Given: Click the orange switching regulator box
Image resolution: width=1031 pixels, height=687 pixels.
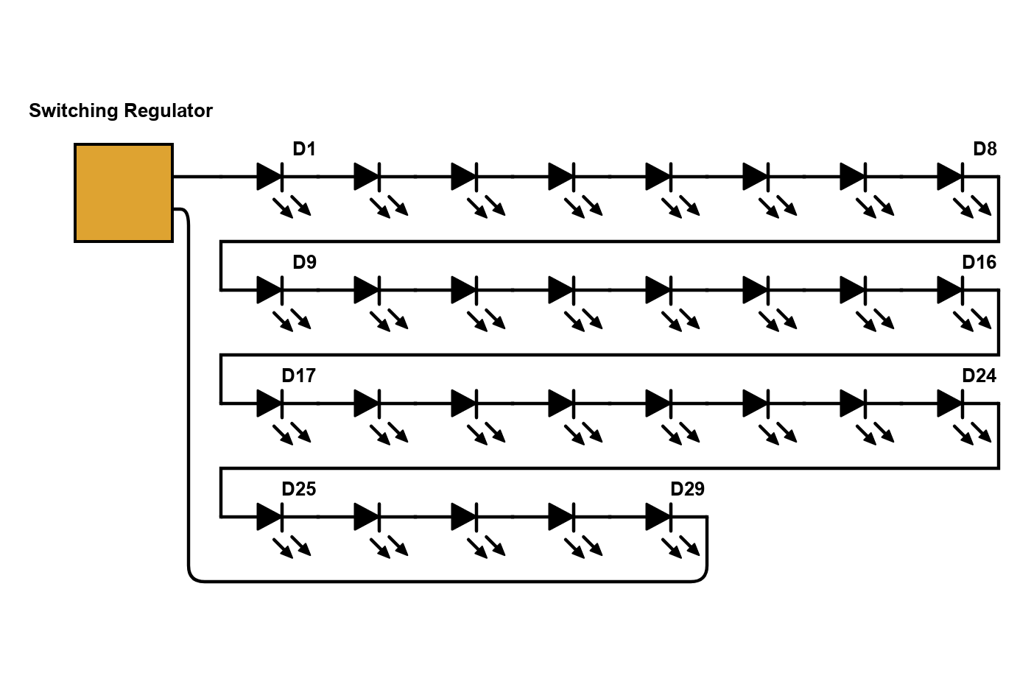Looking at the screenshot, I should (124, 193).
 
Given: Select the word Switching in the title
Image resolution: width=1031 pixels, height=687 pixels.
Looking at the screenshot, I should (73, 111).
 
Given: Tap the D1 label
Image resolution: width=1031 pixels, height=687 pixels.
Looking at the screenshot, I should (304, 149).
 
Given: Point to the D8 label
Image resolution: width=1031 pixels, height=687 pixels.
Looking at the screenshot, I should (985, 149).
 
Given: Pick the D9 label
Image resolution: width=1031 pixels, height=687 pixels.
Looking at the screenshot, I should (304, 262).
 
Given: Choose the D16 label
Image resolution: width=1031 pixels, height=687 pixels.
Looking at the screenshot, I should (979, 262).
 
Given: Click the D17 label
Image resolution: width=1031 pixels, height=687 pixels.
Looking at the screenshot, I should (298, 376).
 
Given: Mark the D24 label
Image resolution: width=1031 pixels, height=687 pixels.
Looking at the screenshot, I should (979, 376).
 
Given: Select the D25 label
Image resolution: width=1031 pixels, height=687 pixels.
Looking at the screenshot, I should (298, 489).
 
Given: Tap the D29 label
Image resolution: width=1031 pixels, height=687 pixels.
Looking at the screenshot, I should (687, 489).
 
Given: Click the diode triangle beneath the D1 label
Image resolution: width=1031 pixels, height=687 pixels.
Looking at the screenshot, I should (270, 177).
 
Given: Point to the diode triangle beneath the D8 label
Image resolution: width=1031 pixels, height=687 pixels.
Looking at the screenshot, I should (950, 177).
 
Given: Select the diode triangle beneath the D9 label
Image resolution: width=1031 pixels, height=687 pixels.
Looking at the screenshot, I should (270, 290).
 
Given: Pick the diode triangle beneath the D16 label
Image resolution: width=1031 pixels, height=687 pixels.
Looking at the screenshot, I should (950, 290).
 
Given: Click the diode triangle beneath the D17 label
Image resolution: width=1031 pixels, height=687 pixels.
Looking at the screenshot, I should (270, 404).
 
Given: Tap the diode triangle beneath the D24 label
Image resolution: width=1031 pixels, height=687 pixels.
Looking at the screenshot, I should (950, 404).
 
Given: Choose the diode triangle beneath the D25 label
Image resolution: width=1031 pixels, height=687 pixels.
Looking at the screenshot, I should (270, 517).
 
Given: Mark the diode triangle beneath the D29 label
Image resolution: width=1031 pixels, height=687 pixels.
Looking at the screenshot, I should (658, 517).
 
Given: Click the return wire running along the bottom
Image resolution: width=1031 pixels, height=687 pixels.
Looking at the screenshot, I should (442, 582).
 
